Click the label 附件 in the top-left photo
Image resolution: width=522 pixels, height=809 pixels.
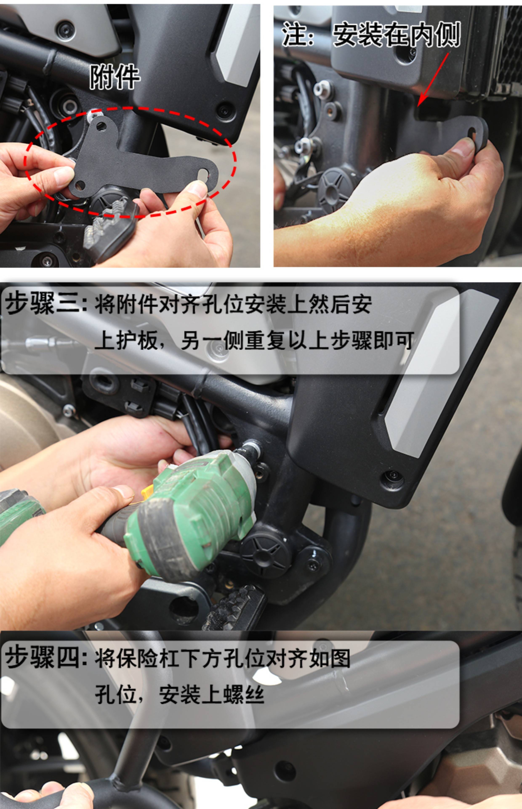(115, 77)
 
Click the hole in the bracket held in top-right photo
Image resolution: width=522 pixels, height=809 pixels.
(472, 133)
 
